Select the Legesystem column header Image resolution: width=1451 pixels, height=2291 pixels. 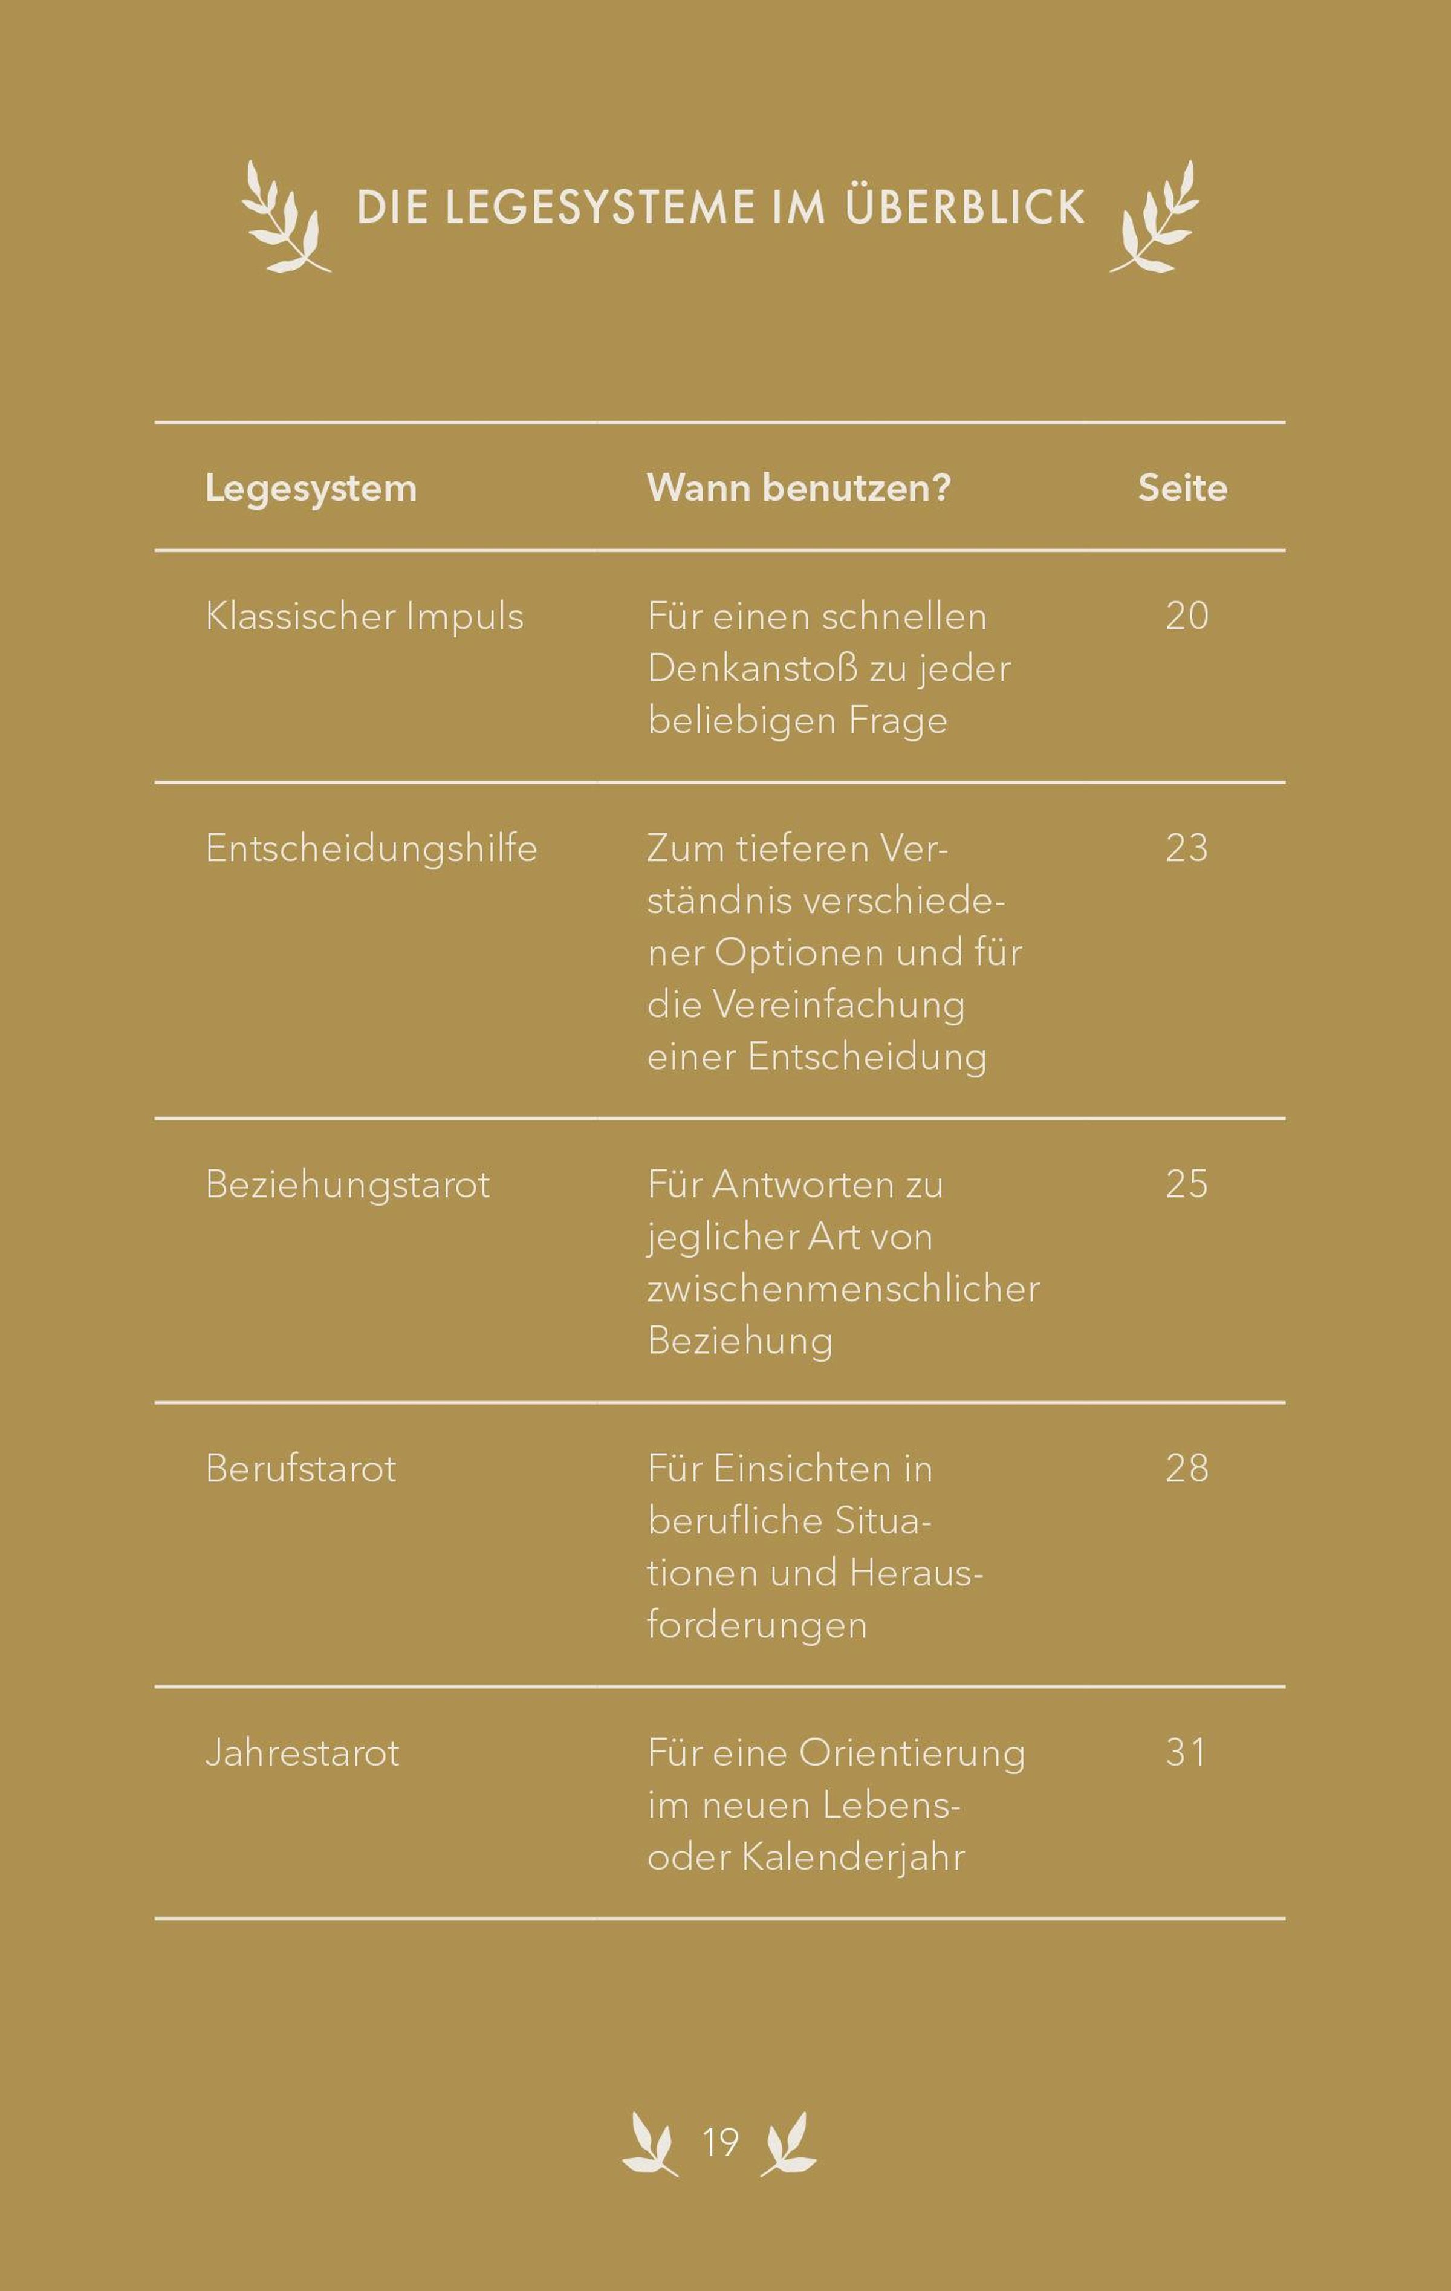tap(311, 488)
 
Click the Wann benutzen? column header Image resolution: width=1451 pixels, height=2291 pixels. tap(798, 488)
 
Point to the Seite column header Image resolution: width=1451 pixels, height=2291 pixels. tap(1183, 488)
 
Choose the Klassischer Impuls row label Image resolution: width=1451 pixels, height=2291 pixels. tap(365, 617)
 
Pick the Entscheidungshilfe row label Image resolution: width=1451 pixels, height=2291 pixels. tap(371, 848)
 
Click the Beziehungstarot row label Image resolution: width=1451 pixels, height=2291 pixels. tap(347, 1184)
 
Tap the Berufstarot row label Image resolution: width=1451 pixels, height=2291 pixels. tap(300, 1469)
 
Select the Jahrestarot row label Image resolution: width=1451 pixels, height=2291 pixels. tap(302, 1752)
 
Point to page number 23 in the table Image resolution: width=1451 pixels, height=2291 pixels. tap(1186, 848)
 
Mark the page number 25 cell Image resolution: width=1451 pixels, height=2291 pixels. tap(1186, 1184)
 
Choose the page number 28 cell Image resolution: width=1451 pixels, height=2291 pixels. tap(1186, 1468)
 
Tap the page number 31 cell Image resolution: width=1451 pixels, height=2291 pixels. tap(1186, 1752)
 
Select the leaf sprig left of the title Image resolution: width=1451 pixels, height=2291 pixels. tap(282, 218)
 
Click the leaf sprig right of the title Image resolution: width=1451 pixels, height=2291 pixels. tap(1156, 218)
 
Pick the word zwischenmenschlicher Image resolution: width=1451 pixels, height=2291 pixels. tap(843, 1289)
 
